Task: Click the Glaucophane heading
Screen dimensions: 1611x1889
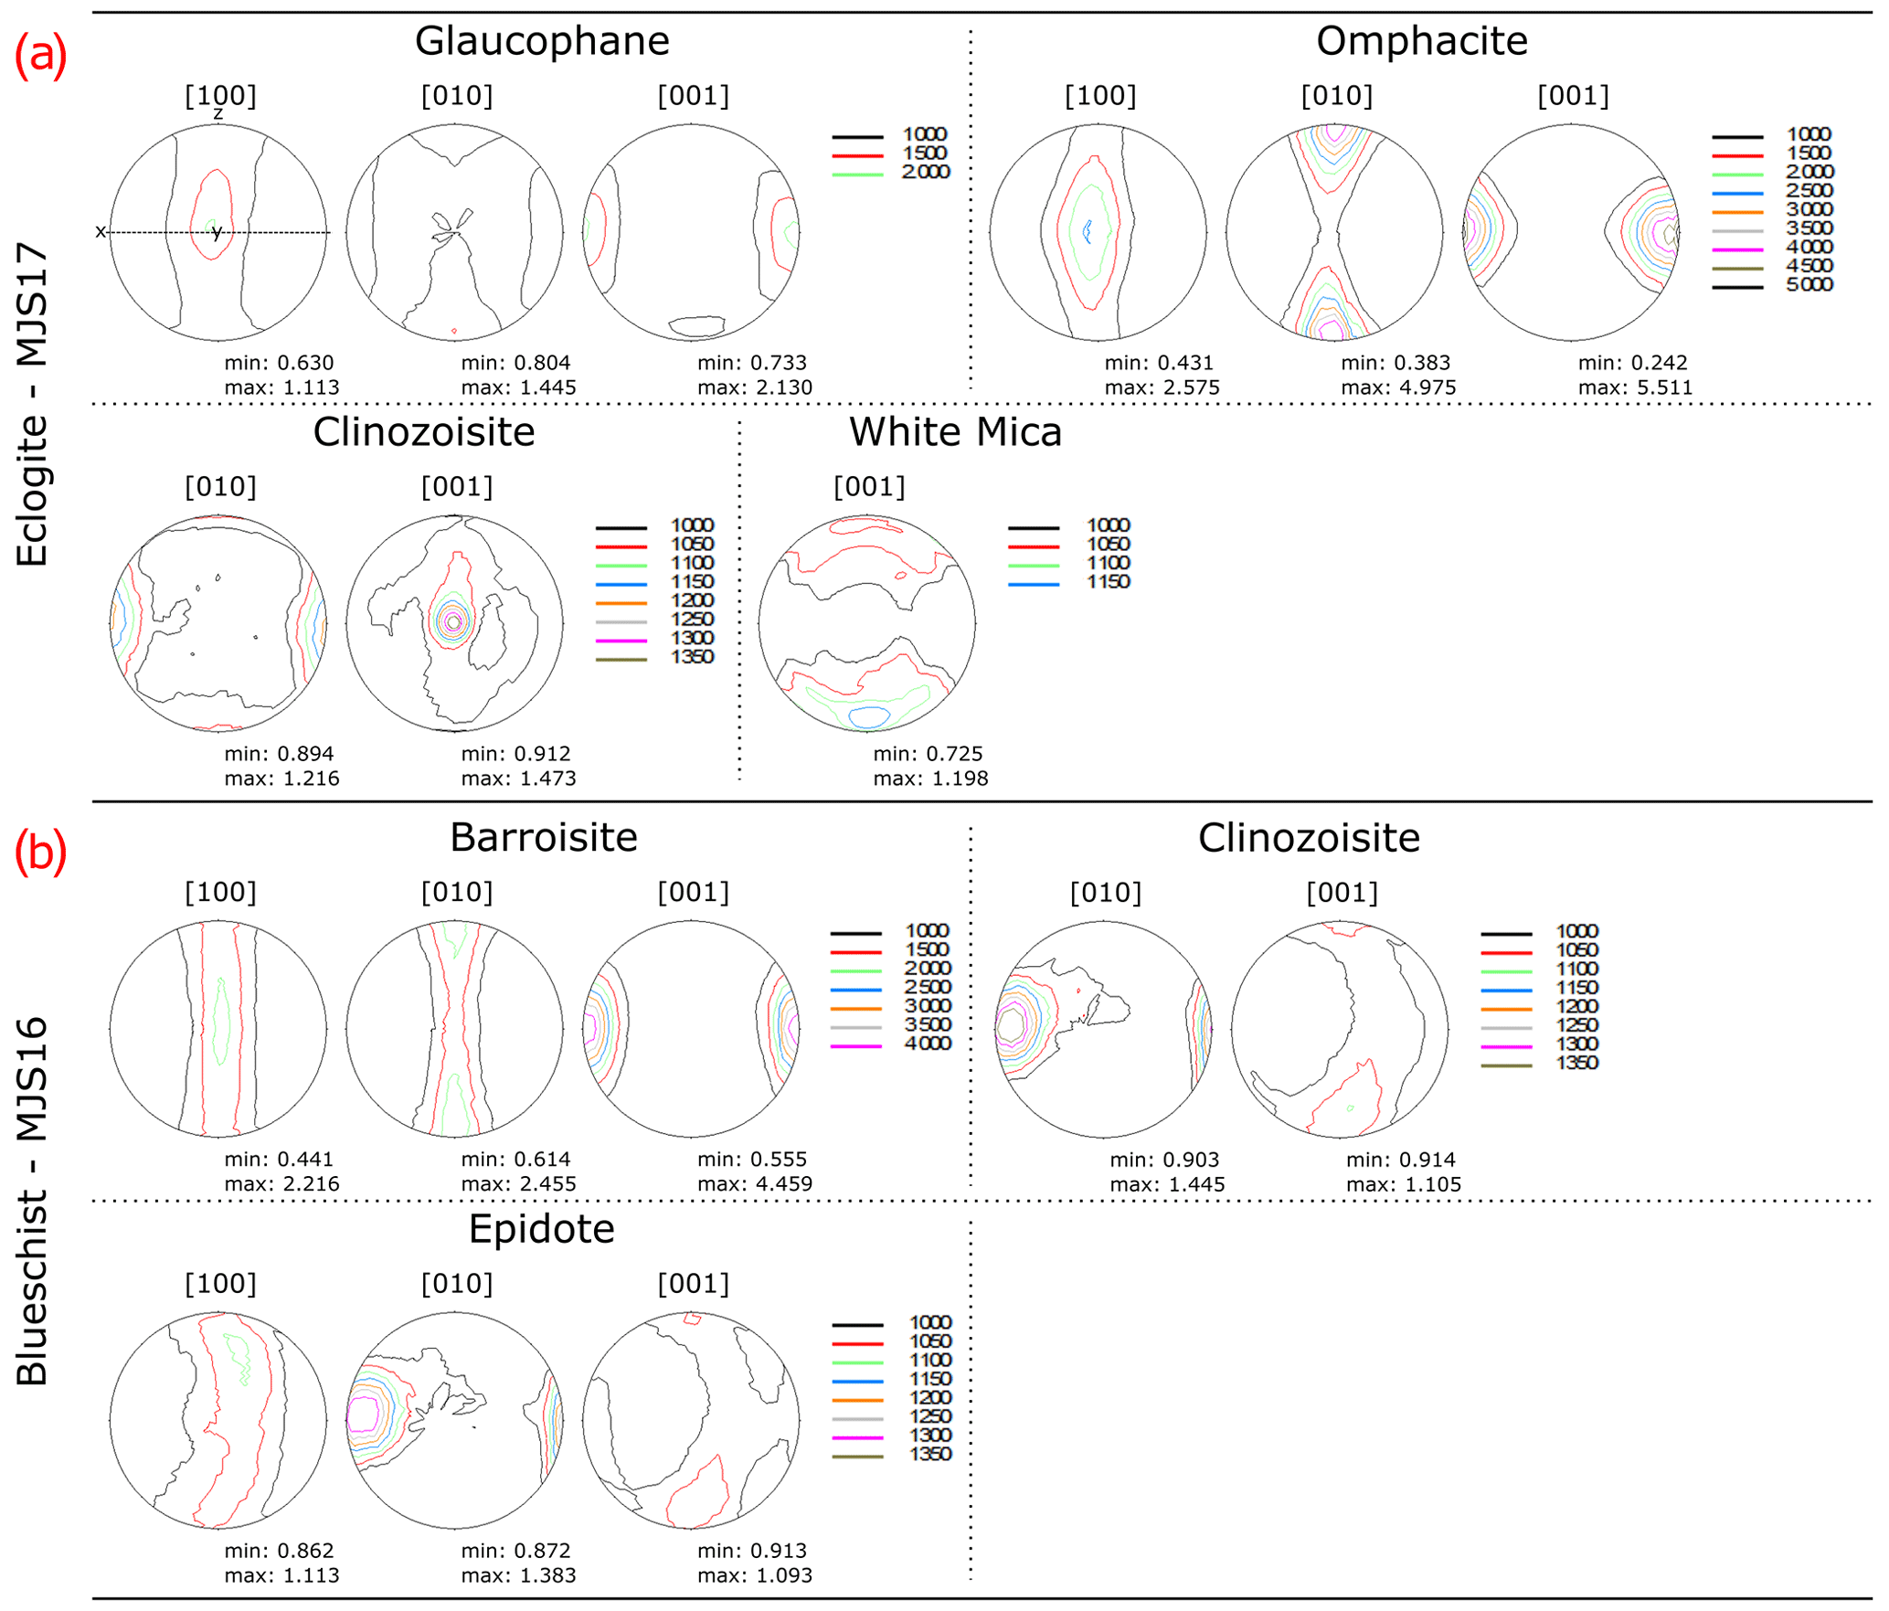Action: (542, 41)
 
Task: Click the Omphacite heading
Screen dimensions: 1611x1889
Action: (1421, 41)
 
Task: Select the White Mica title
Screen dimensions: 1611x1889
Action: (955, 432)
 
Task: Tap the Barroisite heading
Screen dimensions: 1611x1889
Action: (543, 838)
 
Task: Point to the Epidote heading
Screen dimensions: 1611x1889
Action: (541, 1230)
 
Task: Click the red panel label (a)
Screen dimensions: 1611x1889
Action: (40, 55)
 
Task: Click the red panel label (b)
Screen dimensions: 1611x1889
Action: (40, 852)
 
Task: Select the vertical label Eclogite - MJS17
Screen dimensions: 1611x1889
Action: (32, 403)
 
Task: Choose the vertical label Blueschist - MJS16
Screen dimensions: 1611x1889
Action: (32, 1201)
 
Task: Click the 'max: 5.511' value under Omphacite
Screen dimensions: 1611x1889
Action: (1635, 387)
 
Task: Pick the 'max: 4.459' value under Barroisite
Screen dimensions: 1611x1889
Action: (754, 1184)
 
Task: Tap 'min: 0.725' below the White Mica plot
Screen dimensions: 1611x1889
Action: (928, 754)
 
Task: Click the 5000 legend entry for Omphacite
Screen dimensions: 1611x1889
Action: (1809, 285)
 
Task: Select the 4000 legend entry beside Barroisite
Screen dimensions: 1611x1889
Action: (928, 1044)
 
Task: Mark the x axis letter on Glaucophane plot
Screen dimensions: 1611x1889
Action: (101, 232)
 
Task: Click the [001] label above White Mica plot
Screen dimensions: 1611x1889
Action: (869, 487)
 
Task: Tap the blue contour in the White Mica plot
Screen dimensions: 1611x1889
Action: (868, 717)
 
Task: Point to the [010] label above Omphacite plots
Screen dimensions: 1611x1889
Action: (1336, 96)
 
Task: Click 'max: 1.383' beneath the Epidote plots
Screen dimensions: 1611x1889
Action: (518, 1575)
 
